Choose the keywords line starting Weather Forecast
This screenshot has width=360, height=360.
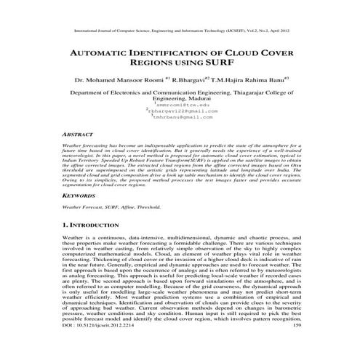112,207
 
